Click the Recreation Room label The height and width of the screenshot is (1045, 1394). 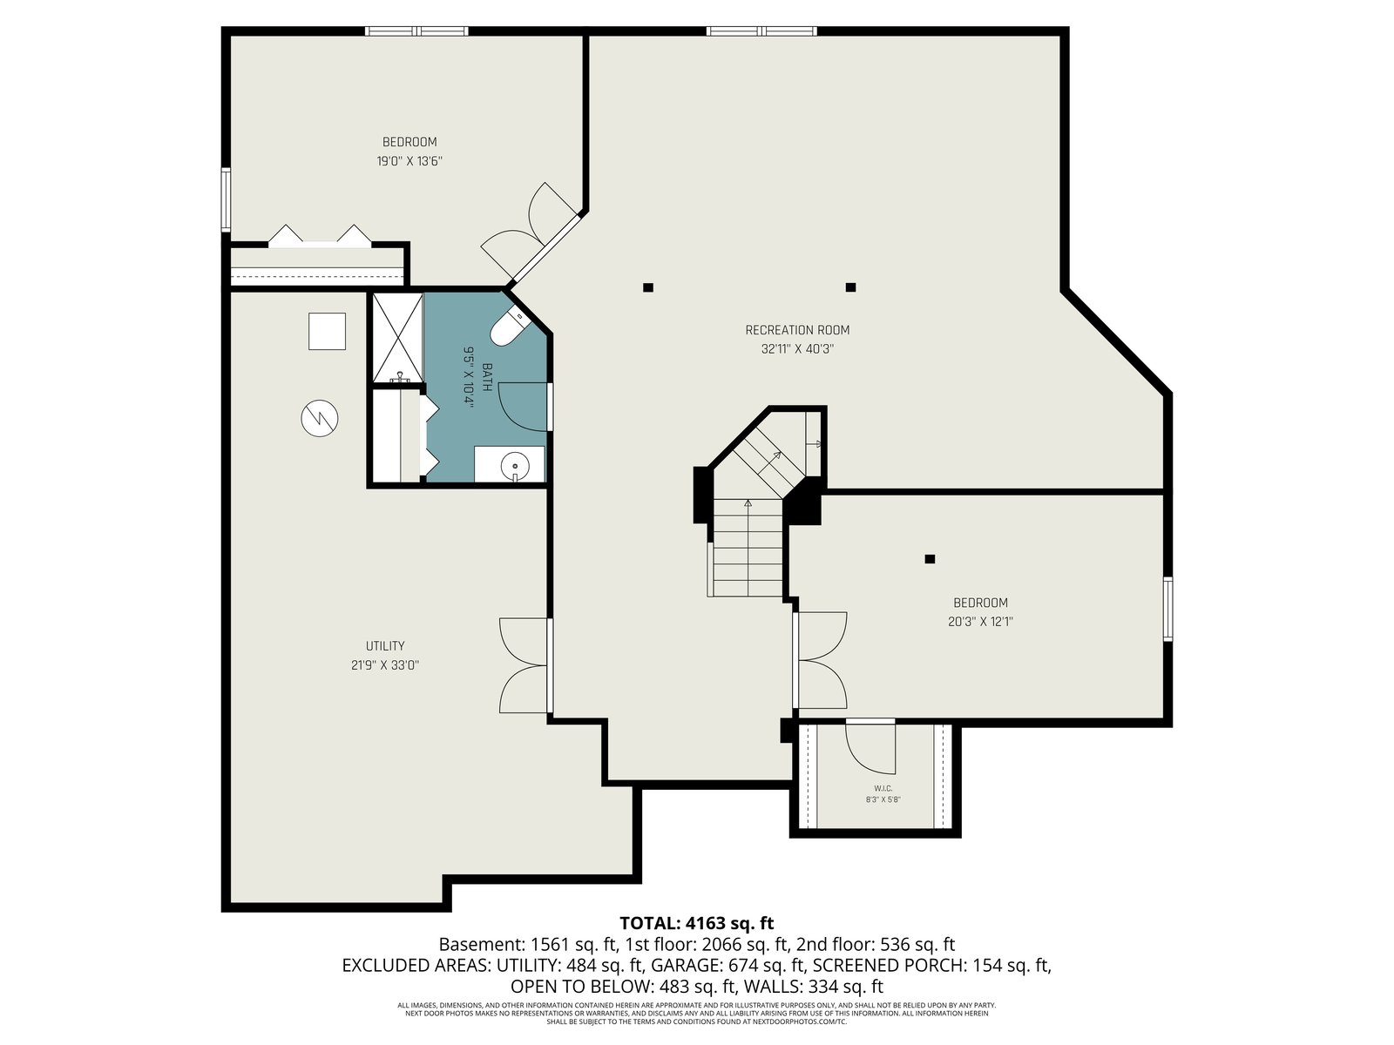797,330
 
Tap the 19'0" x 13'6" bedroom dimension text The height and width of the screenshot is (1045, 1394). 409,161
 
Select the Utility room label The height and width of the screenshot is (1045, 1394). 385,646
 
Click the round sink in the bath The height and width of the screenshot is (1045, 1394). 515,467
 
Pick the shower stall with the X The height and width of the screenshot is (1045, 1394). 397,337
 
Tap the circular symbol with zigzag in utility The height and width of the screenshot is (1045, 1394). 320,418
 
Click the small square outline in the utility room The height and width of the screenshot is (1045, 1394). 327,331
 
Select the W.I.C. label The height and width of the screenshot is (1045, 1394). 883,788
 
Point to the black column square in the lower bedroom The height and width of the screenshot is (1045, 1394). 930,559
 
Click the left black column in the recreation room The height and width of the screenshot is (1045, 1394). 648,287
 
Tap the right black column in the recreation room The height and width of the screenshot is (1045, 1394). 851,287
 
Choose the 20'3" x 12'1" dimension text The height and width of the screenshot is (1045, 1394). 980,622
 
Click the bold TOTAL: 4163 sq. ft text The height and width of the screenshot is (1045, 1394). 697,923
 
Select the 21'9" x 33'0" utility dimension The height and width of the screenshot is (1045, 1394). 385,665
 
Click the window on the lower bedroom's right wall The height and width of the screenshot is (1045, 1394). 1168,609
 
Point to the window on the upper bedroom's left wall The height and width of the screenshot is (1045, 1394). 226,200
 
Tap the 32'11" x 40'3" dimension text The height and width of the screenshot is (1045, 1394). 797,349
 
